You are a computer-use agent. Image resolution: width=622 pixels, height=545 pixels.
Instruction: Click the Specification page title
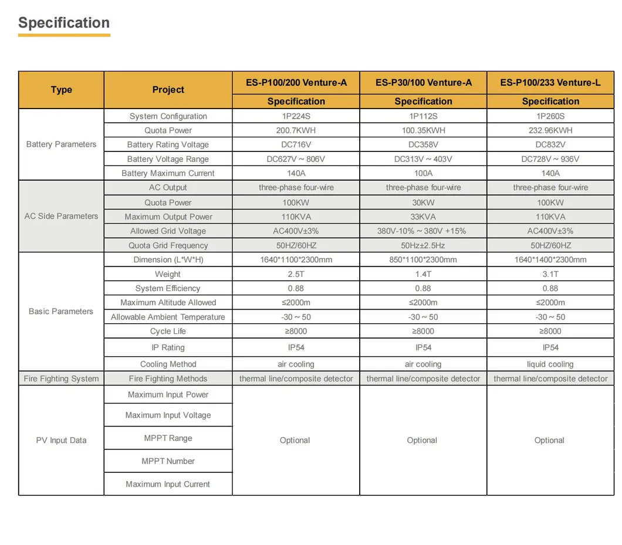point(64,23)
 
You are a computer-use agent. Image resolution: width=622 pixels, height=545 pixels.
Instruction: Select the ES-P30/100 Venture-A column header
point(423,83)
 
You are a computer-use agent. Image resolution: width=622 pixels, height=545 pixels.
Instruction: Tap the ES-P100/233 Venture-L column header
point(550,83)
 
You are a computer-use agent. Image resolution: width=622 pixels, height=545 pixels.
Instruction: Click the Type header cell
point(61,90)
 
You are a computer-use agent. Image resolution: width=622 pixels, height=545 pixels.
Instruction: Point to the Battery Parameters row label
point(61,144)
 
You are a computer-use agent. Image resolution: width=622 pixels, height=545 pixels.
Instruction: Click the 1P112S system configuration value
point(423,116)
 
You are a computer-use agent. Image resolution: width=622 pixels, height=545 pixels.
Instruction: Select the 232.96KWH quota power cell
point(550,130)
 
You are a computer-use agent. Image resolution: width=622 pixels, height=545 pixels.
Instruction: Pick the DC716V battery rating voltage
point(296,144)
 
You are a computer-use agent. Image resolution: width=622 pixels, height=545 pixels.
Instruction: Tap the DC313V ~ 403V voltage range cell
point(423,159)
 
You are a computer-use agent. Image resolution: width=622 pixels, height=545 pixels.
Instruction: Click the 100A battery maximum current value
point(423,173)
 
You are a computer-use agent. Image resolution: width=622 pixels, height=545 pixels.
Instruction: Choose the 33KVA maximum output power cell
point(423,216)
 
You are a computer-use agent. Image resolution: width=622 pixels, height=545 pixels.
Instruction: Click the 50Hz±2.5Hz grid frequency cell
point(423,245)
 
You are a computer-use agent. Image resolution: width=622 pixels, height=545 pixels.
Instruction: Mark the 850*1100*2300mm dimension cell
point(423,259)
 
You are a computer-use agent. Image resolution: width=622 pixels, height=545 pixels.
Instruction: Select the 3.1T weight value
point(550,274)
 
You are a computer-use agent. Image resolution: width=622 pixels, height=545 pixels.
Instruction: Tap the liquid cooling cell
point(550,364)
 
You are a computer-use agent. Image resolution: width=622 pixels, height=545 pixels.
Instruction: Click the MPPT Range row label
point(168,438)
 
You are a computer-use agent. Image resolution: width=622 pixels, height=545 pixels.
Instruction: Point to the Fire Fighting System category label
point(61,378)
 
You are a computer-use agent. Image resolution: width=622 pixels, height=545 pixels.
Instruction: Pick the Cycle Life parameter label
point(168,331)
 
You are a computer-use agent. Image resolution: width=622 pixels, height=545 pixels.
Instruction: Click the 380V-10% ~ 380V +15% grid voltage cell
point(423,231)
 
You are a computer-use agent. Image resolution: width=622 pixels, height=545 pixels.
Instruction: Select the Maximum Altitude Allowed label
point(168,303)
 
